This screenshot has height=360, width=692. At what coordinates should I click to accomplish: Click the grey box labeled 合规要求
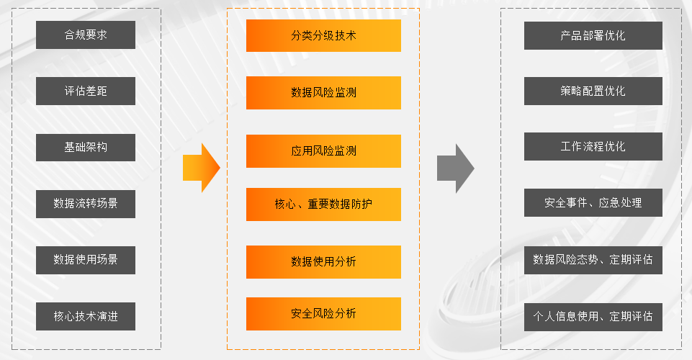coord(86,35)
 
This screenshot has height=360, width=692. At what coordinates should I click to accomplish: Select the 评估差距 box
coord(86,91)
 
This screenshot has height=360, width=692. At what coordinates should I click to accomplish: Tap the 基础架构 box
coord(86,148)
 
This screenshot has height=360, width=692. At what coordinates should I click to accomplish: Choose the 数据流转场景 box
coord(86,204)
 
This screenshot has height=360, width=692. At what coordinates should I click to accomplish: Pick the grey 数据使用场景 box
coord(86,259)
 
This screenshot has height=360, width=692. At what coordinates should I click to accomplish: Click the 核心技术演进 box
coord(86,316)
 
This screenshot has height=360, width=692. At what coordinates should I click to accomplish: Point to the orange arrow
coord(201,168)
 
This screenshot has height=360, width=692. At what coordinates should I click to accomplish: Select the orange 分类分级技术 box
coord(323,35)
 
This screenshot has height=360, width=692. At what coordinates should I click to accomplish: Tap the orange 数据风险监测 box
coord(323,93)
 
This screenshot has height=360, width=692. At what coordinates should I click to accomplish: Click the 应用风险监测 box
coord(323,151)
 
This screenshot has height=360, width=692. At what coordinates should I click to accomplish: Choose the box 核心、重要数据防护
coord(323,204)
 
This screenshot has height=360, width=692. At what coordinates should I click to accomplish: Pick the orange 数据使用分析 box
coord(323,261)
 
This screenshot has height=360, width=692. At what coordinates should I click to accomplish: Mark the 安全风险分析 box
coord(323,313)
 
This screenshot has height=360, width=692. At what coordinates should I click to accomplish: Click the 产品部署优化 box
coord(593,35)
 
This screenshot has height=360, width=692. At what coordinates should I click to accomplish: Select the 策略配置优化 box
coord(593,91)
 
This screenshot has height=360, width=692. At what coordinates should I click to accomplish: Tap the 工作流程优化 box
coord(593,147)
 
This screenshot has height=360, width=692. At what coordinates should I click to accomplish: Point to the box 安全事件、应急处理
coord(593,203)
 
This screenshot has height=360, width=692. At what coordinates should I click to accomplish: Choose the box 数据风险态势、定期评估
coord(593,259)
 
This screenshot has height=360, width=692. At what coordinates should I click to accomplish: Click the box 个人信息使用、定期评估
coord(593,316)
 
